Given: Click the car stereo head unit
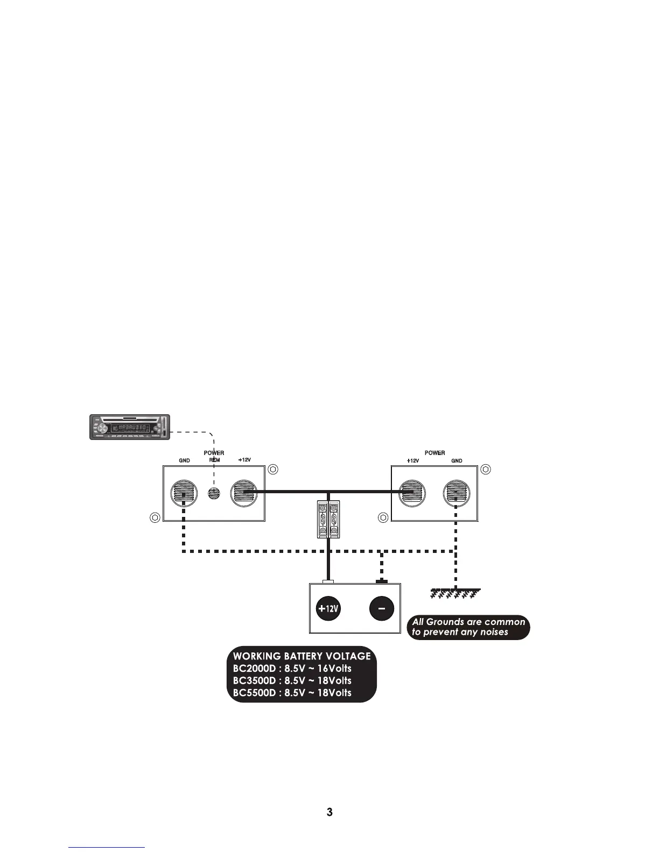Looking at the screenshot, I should click(x=129, y=427).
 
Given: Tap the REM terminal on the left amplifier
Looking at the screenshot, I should click(x=214, y=493).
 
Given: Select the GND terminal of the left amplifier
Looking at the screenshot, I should click(x=184, y=493).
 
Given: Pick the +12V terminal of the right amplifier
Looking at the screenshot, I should click(x=412, y=493).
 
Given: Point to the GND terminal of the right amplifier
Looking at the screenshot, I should click(x=457, y=493).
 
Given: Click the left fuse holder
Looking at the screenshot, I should click(x=323, y=520).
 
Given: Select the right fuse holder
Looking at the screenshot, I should click(x=335, y=520).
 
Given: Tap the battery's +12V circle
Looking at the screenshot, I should click(x=328, y=609).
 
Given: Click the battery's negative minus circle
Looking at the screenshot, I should click(x=382, y=609).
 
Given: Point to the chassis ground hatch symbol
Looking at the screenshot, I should click(x=455, y=594).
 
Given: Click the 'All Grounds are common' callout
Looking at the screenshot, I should click(x=468, y=627).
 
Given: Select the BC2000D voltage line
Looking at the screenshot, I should click(x=292, y=669).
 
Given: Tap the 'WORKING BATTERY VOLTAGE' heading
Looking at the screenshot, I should click(x=302, y=656).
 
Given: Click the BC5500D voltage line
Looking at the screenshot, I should click(x=292, y=693).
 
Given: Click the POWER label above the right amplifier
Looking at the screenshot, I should click(x=434, y=453).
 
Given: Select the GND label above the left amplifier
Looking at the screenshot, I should click(x=184, y=461).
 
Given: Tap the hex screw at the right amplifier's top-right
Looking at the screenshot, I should click(x=486, y=469).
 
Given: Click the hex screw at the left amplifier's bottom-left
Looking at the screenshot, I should click(x=155, y=517).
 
